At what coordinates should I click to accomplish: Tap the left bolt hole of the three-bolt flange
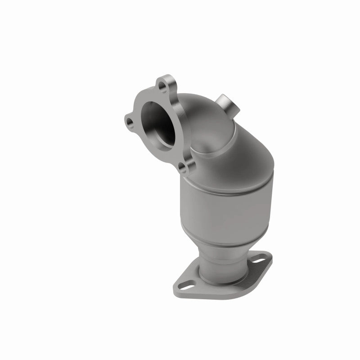(130, 121)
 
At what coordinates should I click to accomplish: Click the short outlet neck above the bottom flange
(216, 265)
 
